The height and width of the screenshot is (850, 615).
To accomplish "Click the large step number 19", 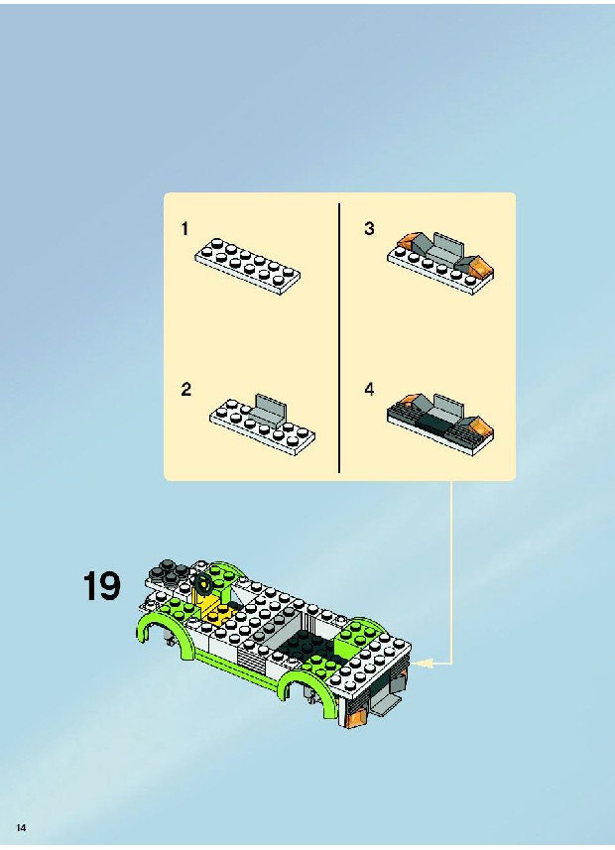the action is pyautogui.click(x=101, y=586).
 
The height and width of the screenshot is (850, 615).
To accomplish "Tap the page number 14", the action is pyautogui.click(x=21, y=827).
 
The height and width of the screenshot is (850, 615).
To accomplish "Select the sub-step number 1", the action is pyautogui.click(x=184, y=229).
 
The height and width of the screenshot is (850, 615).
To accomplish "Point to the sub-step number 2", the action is pyautogui.click(x=186, y=389).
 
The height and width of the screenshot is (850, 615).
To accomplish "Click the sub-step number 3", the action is pyautogui.click(x=369, y=228).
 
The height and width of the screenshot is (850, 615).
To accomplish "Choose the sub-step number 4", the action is pyautogui.click(x=369, y=389).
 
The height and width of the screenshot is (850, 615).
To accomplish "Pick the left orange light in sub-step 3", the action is pyautogui.click(x=410, y=240).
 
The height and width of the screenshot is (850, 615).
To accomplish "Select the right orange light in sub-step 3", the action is pyautogui.click(x=480, y=267).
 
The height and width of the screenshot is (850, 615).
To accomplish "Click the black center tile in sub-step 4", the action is pyautogui.click(x=434, y=423).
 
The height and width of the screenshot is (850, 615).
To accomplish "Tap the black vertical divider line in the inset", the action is pyautogui.click(x=339, y=338).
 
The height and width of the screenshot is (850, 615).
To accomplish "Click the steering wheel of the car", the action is pyautogui.click(x=204, y=583).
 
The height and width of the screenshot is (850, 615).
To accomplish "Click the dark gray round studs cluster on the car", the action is pyautogui.click(x=171, y=572).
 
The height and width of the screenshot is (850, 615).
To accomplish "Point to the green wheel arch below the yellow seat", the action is pyautogui.click(x=163, y=630).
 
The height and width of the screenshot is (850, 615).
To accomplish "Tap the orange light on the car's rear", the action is pyautogui.click(x=352, y=717).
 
